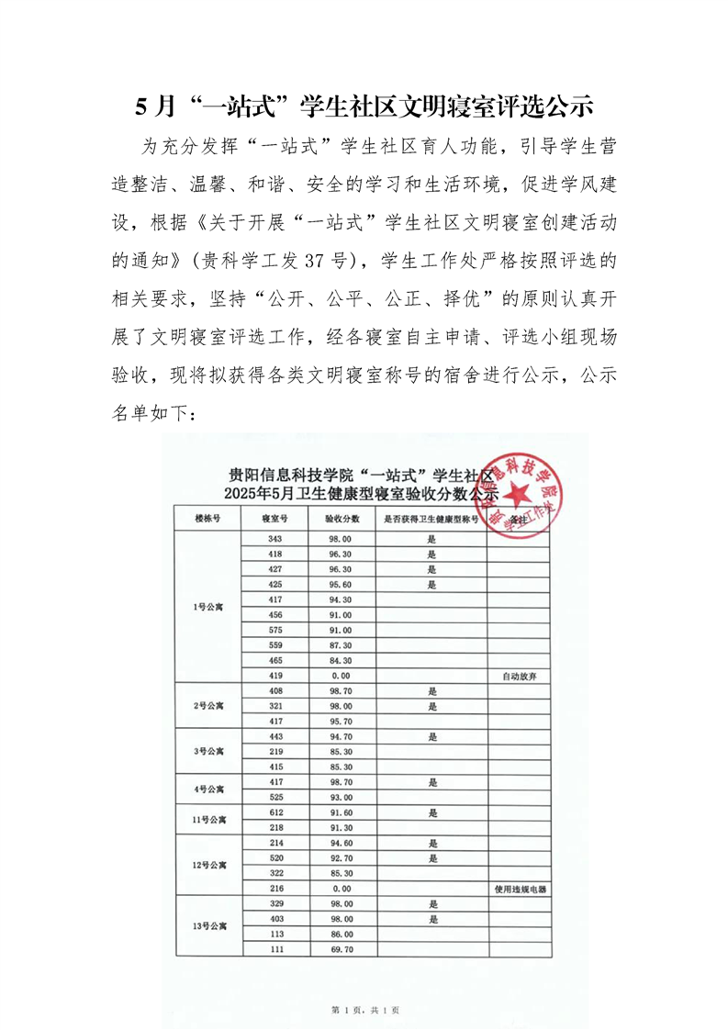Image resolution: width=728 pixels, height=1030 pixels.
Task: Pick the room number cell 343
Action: point(275,539)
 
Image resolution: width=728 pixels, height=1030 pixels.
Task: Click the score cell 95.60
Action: point(339,584)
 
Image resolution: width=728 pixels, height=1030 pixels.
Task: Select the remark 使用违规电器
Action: point(519,890)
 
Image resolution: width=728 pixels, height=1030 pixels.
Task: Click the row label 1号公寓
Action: point(208,608)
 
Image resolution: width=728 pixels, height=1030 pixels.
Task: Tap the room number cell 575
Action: point(275,630)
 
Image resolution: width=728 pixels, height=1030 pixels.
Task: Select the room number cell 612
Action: point(275,812)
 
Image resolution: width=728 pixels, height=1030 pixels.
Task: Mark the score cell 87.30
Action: point(339,645)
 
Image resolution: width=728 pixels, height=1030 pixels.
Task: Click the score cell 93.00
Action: point(339,797)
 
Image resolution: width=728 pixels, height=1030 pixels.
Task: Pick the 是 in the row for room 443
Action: point(431,736)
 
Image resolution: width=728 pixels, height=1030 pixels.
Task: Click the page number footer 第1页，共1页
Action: point(364,1010)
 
